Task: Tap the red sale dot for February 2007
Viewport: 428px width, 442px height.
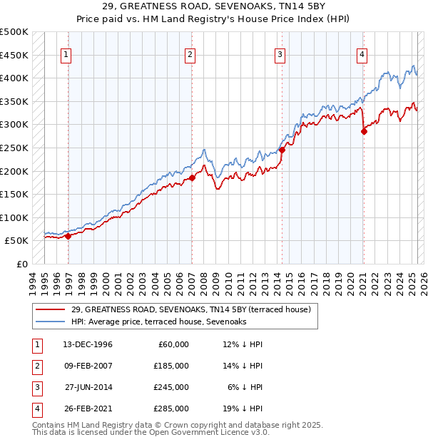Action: (x=192, y=178)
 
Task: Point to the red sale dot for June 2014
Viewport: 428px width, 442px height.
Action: (x=282, y=150)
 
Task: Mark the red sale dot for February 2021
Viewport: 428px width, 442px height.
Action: (x=364, y=131)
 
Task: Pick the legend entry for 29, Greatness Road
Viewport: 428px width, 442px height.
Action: (x=190, y=309)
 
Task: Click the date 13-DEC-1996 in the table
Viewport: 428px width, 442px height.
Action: (x=88, y=344)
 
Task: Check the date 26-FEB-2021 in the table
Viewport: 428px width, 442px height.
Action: (x=88, y=408)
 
